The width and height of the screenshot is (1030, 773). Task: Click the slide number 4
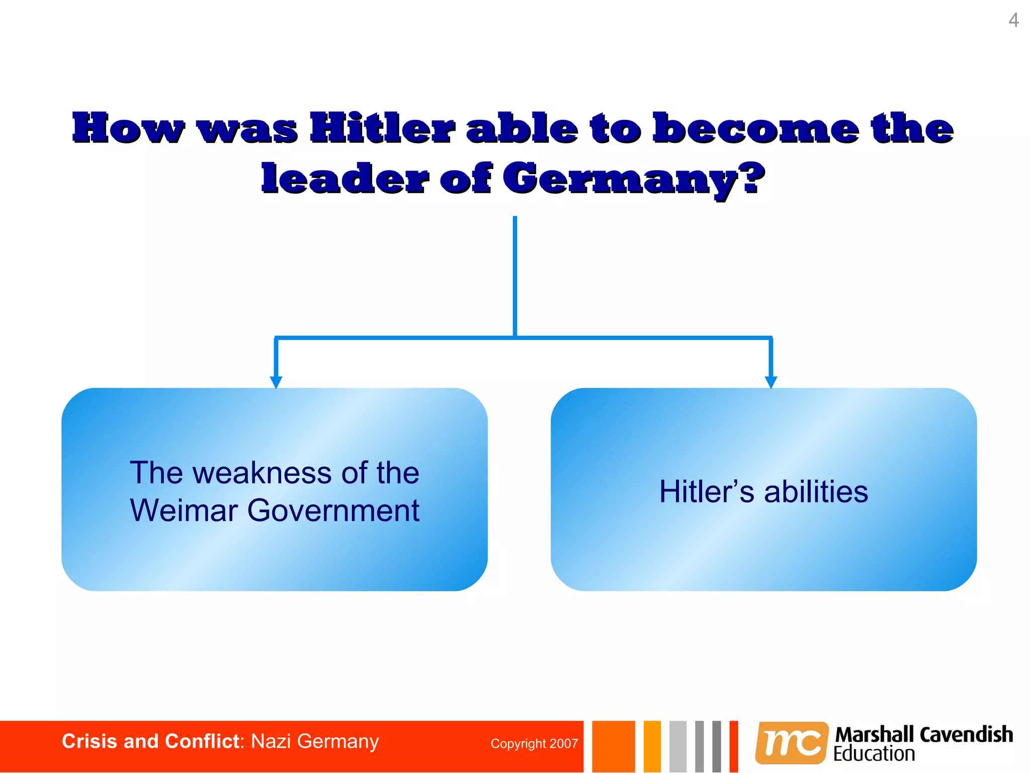(1013, 21)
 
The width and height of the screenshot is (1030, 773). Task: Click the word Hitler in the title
(382, 128)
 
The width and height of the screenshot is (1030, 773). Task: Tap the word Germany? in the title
(634, 179)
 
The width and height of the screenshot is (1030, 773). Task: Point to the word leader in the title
(345, 179)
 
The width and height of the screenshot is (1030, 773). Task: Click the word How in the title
(128, 128)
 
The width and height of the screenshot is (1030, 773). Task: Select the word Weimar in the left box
(184, 510)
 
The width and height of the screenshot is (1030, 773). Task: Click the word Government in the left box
(333, 510)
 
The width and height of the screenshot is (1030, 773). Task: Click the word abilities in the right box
(816, 492)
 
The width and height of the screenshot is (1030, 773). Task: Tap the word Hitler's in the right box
(707, 492)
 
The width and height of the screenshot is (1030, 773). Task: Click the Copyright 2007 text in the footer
(534, 744)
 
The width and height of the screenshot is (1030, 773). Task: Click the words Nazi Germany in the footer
(315, 742)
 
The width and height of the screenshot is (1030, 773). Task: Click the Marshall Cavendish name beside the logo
(924, 735)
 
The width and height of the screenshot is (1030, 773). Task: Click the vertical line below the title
(515, 277)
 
